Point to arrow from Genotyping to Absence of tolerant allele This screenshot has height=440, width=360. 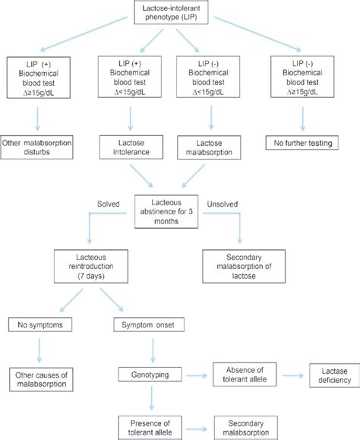pos(190,375)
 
